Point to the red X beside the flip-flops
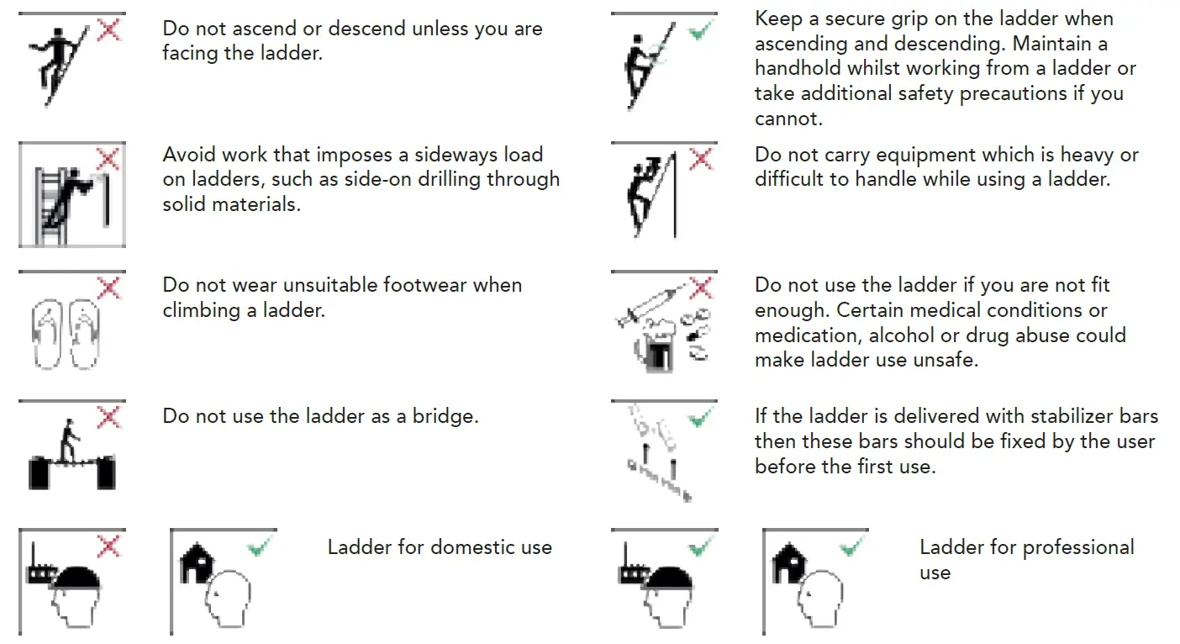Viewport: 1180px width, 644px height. (109, 289)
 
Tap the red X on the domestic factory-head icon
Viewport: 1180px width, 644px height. (109, 547)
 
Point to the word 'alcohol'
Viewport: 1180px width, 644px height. (900, 335)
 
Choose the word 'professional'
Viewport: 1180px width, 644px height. (1078, 547)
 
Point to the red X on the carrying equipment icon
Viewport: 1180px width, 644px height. (700, 159)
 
